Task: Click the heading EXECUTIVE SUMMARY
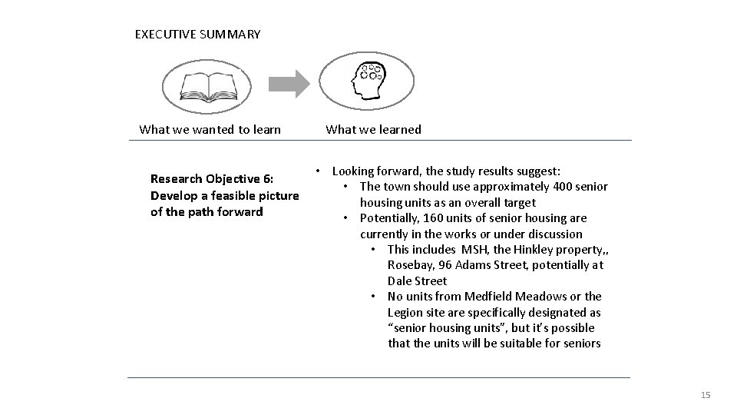(197, 35)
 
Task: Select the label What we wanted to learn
(210, 129)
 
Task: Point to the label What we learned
(373, 129)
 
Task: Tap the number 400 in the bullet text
(563, 187)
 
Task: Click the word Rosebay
(409, 265)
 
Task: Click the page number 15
(706, 395)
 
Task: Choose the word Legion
(405, 313)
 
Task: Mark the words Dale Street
(417, 281)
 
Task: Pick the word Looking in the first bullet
(355, 171)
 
